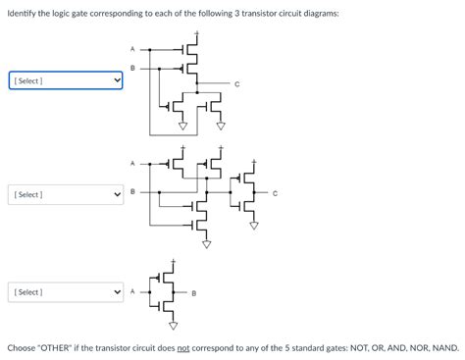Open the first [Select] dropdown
click(x=65, y=79)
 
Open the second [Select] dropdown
click(x=65, y=194)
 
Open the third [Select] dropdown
click(x=65, y=292)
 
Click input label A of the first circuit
click(x=132, y=48)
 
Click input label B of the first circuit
click(x=132, y=68)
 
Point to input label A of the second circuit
click(x=132, y=162)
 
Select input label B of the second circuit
click(x=132, y=192)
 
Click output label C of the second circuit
click(x=276, y=192)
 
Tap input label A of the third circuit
click(x=131, y=292)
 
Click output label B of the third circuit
click(x=193, y=292)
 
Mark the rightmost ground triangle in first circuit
click(x=220, y=126)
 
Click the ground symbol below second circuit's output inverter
click(x=253, y=224)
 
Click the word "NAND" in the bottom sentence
click(x=441, y=348)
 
